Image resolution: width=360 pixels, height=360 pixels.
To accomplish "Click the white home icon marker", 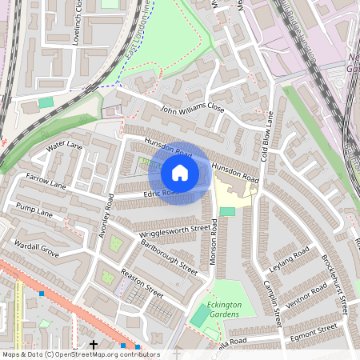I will click(x=180, y=172).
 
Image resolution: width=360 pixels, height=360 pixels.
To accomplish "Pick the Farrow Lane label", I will click(x=46, y=180).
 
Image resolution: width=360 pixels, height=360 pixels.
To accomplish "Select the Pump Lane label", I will click(x=34, y=213).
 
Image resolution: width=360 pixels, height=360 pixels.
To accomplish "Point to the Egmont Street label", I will click(x=314, y=330).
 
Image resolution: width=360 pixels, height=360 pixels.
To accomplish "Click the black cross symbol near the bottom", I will click(x=94, y=345).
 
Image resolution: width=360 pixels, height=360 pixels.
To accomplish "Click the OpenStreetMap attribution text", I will click(x=80, y=354).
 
